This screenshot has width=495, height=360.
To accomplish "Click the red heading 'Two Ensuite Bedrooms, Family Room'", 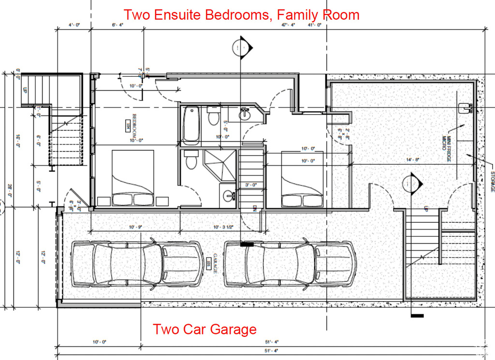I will tap(241, 14).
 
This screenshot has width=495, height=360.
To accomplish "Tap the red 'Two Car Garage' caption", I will tap(204, 330).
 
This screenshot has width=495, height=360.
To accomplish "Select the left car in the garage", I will tap(137, 263).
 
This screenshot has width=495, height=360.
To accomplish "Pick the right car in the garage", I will tap(290, 263).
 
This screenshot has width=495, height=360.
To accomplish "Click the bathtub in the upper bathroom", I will tap(191, 125).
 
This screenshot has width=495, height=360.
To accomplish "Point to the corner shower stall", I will tap(220, 165).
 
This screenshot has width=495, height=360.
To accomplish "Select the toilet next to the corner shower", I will tap(191, 160).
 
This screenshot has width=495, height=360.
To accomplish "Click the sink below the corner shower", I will tap(228, 196).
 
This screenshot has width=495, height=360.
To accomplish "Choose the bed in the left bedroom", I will tap(133, 178).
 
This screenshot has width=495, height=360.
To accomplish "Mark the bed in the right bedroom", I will tap(302, 179).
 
